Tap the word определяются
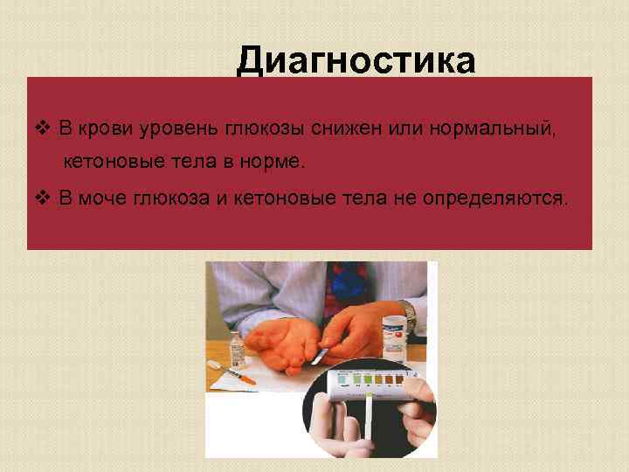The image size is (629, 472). [x=494, y=198]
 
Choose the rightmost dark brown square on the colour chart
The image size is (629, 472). [x=398, y=379]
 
